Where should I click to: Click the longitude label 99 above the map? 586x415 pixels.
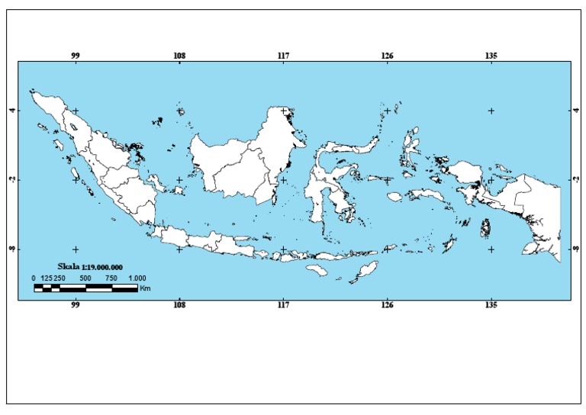coord(76,56)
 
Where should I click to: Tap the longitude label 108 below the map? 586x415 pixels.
coord(179,306)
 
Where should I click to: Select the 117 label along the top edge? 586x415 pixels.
coord(284,56)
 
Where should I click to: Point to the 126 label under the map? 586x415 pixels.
coord(388,306)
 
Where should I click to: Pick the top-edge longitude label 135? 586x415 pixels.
coord(491,56)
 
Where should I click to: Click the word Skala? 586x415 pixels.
coord(70,267)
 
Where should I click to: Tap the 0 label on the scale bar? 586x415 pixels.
coord(34,278)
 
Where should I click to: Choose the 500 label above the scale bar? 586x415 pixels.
coord(85,278)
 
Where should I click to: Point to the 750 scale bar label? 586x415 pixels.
coord(111,278)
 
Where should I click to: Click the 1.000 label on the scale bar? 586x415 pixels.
coord(137,278)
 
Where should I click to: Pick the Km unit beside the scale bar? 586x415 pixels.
coord(145,288)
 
